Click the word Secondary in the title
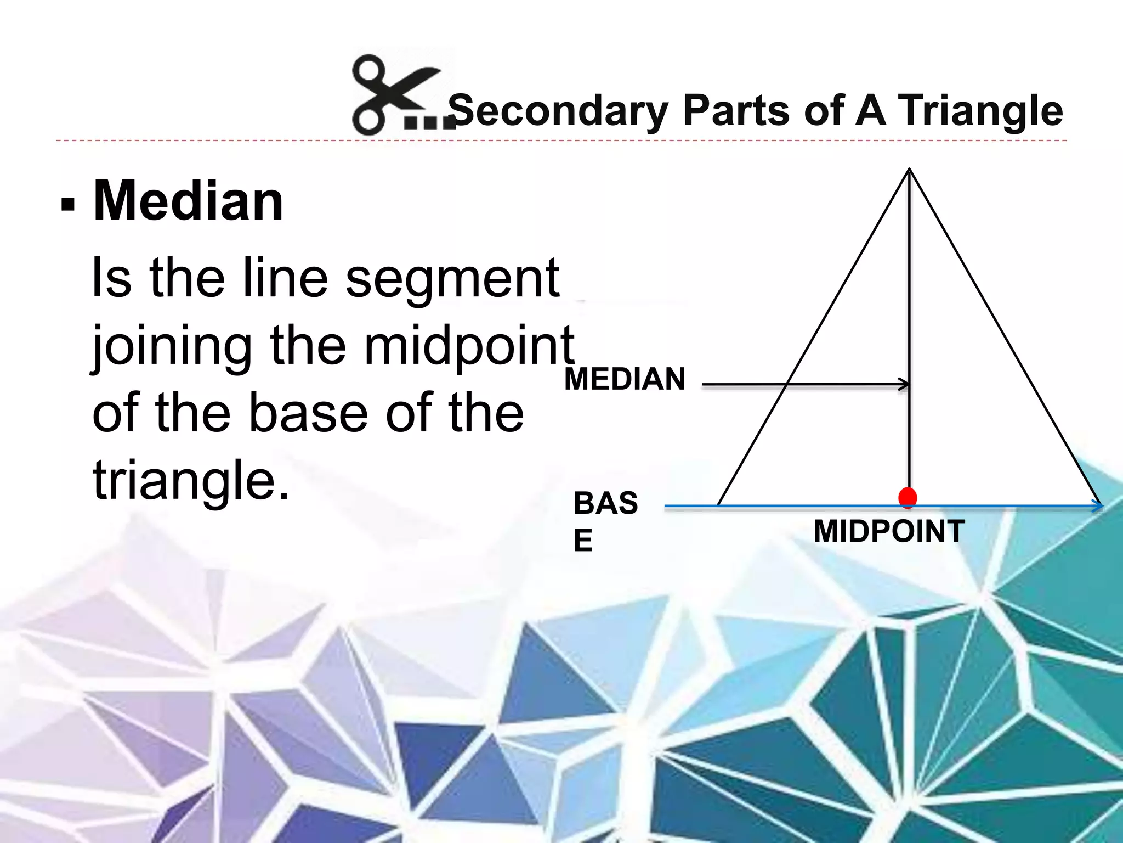point(558,111)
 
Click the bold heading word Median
point(188,201)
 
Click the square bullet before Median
point(68,205)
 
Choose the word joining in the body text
point(172,347)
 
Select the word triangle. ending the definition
point(190,481)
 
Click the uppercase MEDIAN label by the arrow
point(625,379)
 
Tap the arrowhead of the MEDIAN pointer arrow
point(905,384)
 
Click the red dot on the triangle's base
point(908,497)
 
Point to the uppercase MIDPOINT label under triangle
point(889,531)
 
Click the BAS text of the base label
point(605,503)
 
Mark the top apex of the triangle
point(909,170)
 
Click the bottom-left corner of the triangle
point(718,505)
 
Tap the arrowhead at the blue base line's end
point(1098,506)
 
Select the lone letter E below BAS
point(583,541)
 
